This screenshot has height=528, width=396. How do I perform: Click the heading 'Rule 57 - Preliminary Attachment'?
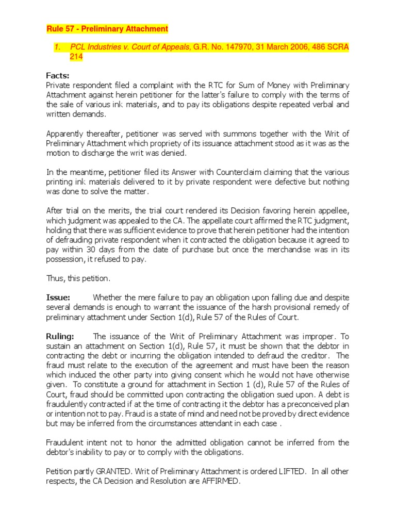[x=107, y=28]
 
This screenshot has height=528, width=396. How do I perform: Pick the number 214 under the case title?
[x=76, y=57]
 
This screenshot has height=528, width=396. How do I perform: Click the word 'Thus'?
[x=55, y=278]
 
